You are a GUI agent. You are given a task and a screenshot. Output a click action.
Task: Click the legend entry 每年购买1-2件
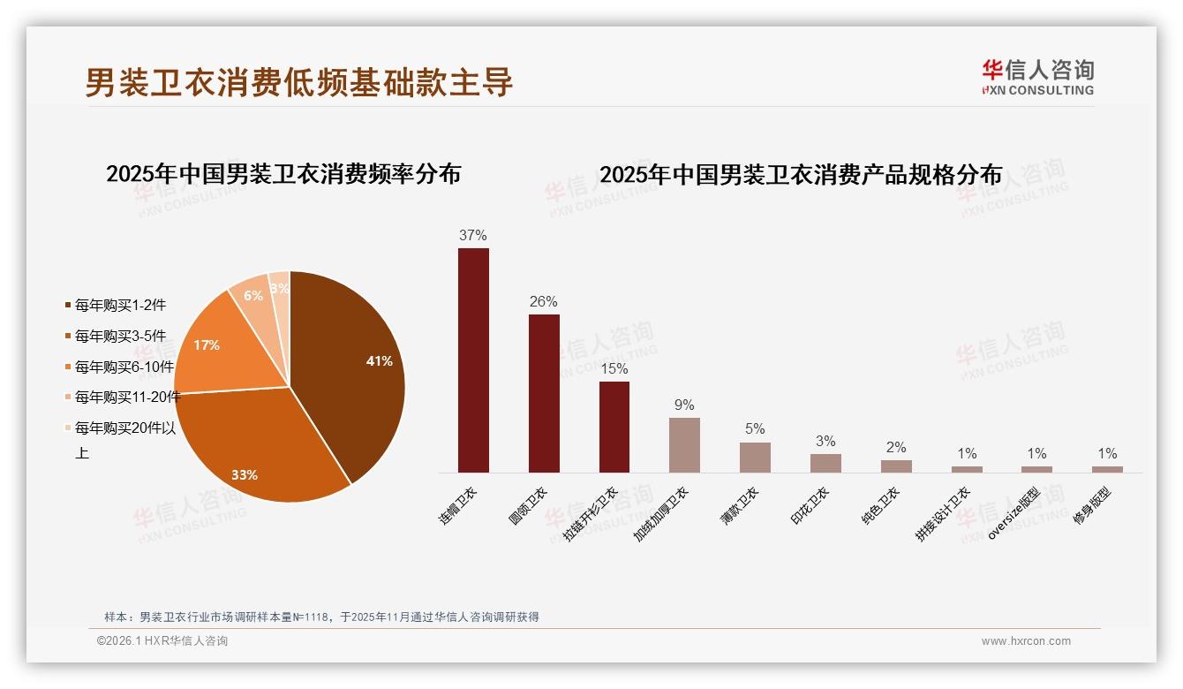pos(115,306)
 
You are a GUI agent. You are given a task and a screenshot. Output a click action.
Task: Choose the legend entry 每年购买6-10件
pos(118,367)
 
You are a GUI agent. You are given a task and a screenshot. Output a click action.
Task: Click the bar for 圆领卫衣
pos(544,393)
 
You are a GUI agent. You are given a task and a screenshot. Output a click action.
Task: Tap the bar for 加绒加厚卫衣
pos(684,445)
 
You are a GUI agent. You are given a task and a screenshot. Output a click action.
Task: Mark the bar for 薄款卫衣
pos(755,458)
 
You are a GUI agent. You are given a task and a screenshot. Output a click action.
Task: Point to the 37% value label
pos(473,236)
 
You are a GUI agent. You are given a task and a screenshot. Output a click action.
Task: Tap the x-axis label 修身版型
pos(1092,507)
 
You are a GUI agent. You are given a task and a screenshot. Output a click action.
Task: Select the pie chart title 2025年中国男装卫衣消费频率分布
pos(283,174)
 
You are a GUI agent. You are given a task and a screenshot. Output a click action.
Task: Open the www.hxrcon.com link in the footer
pos(1026,641)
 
